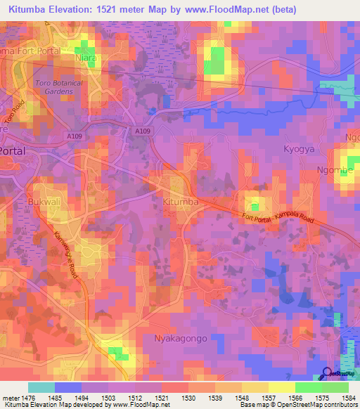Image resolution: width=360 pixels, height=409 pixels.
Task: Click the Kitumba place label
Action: click(180, 202)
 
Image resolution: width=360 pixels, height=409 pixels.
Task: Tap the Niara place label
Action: click(85, 58)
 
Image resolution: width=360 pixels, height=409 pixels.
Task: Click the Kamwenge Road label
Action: click(68, 252)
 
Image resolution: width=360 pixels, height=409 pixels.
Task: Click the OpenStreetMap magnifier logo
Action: click(326, 375)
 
